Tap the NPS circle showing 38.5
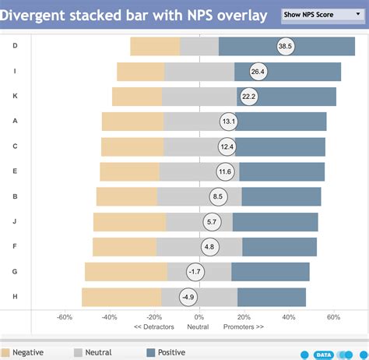285,47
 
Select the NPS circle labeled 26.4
258,72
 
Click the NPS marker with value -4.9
188,297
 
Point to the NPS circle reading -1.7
195,272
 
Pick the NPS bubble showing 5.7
212,222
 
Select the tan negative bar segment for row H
121,297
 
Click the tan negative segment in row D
155,47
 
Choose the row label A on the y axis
16,121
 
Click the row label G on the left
16,271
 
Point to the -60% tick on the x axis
65,317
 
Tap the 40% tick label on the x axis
289,317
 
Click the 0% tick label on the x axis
199,317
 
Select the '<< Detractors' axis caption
153,326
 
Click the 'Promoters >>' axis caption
244,326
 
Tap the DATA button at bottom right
324,355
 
